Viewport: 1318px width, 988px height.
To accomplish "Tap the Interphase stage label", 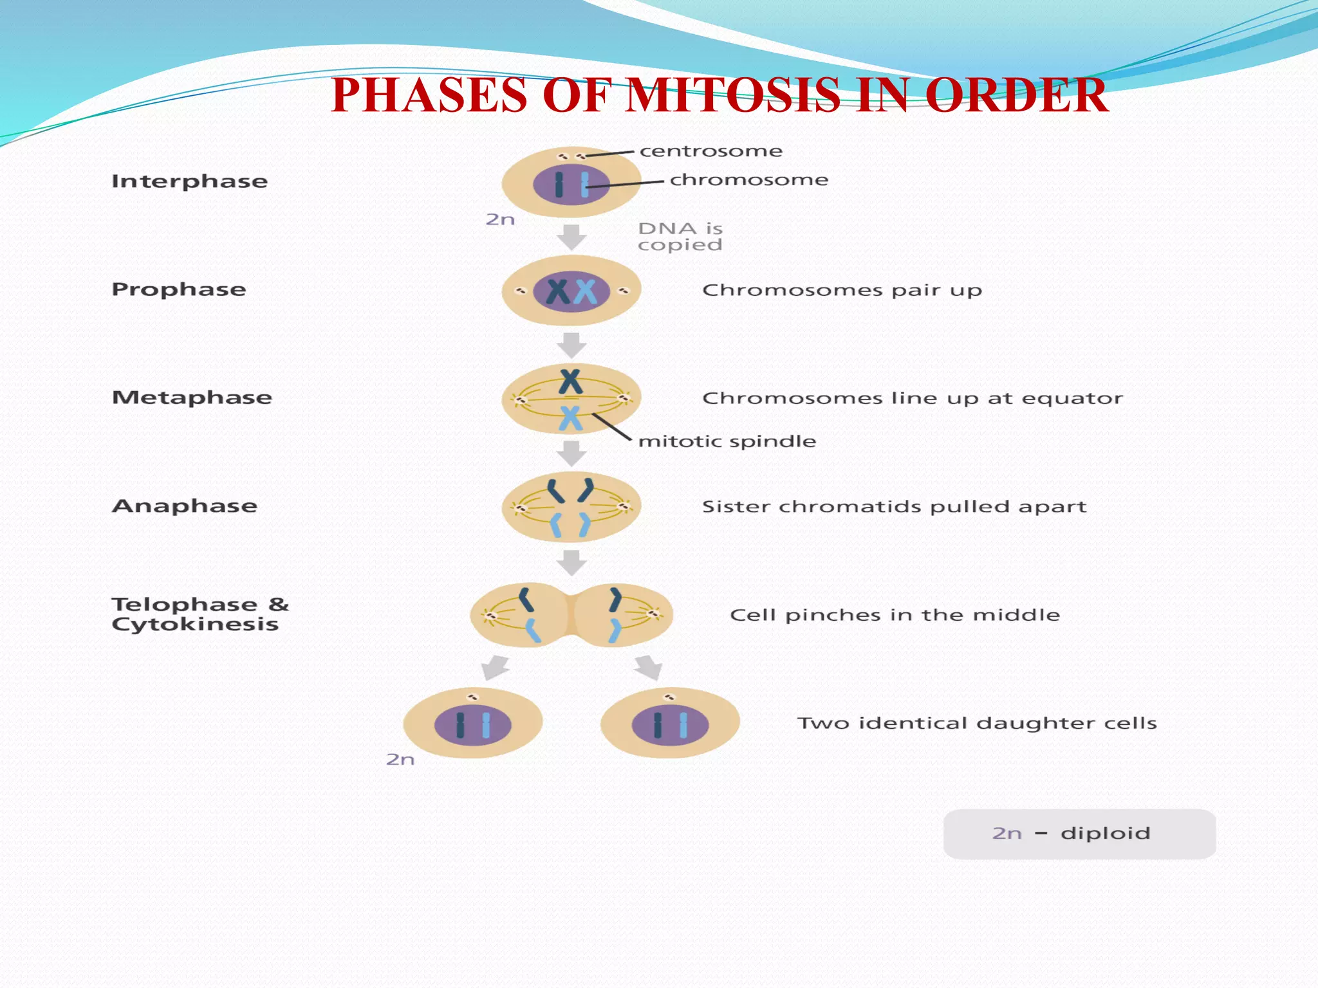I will point(189,181).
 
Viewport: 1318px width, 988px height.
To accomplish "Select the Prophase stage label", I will point(179,289).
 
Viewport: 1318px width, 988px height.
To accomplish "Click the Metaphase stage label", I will point(192,398).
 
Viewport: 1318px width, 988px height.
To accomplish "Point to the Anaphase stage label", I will point(185,506).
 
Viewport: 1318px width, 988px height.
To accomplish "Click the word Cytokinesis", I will point(195,625).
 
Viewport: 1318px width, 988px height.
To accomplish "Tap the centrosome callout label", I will point(710,151).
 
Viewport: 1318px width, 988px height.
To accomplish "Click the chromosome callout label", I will point(749,180).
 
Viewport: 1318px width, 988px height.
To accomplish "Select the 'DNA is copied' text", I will point(680,237).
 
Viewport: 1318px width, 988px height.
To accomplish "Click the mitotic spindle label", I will point(727,441).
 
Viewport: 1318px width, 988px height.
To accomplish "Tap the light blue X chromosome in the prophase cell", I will point(585,292).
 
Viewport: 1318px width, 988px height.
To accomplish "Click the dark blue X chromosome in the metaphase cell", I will point(570,381).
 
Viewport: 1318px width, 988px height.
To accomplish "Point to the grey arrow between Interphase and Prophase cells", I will point(571,237).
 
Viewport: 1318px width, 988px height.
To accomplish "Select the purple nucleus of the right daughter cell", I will point(669,725).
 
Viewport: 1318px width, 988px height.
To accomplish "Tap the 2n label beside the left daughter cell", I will point(400,760).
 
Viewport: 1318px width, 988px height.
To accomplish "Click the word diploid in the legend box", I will point(1105,834).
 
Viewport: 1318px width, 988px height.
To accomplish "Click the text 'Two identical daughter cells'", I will point(977,724).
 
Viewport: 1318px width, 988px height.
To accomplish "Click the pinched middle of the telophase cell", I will point(571,615).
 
